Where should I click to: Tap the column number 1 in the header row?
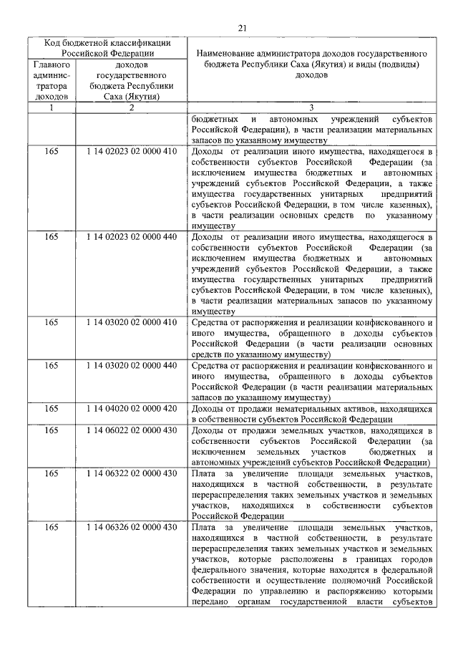[x=51, y=107]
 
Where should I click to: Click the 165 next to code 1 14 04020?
[x=51, y=408]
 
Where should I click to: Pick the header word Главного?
[x=51, y=64]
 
